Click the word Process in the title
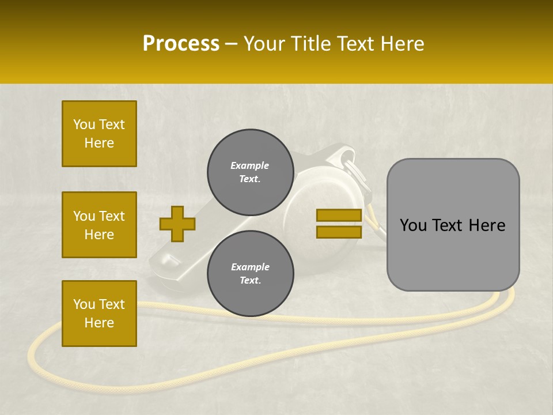pyautogui.click(x=181, y=44)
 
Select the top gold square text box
pyautogui.click(x=99, y=134)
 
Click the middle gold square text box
pyautogui.click(x=99, y=225)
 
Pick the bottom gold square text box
pyautogui.click(x=99, y=314)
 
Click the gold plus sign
pyautogui.click(x=177, y=224)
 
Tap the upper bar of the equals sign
pyautogui.click(x=339, y=216)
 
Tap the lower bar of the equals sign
pyautogui.click(x=339, y=232)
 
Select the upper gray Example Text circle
pyautogui.click(x=250, y=172)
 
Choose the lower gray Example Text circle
pyautogui.click(x=250, y=273)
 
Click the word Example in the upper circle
pyautogui.click(x=250, y=165)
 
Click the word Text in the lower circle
pyautogui.click(x=249, y=281)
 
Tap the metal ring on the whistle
pyautogui.click(x=348, y=158)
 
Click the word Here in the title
pyautogui.click(x=402, y=44)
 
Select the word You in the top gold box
pyautogui.click(x=84, y=124)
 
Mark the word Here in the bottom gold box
pyautogui.click(x=99, y=323)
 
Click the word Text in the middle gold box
pyautogui.click(x=112, y=216)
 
